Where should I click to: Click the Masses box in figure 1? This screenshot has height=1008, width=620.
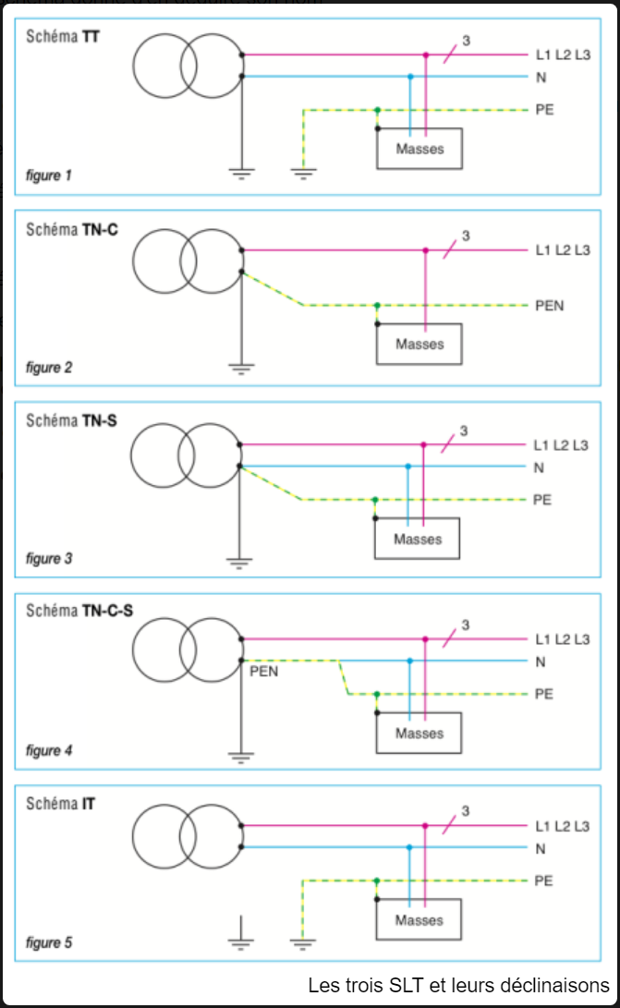pyautogui.click(x=419, y=149)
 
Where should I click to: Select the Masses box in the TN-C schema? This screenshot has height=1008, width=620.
pyautogui.click(x=419, y=345)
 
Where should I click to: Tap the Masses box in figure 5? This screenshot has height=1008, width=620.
pyautogui.click(x=419, y=920)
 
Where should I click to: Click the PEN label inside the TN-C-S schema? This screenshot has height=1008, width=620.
pyautogui.click(x=263, y=673)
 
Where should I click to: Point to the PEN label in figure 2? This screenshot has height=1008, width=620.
pyautogui.click(x=549, y=305)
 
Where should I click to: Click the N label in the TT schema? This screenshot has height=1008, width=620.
pyautogui.click(x=541, y=77)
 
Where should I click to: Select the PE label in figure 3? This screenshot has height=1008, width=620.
pyautogui.click(x=542, y=500)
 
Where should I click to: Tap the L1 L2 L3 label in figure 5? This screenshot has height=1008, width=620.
pyautogui.click(x=562, y=826)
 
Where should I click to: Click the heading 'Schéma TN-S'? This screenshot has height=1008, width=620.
pyautogui.click(x=72, y=420)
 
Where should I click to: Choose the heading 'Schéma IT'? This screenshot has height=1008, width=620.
pyautogui.click(x=61, y=804)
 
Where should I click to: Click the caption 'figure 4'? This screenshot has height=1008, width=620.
pyautogui.click(x=49, y=750)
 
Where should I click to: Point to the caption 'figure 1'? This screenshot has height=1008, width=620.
pyautogui.click(x=49, y=175)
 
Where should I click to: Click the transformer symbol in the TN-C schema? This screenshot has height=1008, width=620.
pyautogui.click(x=188, y=262)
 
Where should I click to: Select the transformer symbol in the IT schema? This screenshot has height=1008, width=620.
pyautogui.click(x=188, y=837)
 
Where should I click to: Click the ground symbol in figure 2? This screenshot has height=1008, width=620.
pyautogui.click(x=241, y=368)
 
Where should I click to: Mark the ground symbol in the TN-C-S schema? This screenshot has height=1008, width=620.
pyautogui.click(x=241, y=758)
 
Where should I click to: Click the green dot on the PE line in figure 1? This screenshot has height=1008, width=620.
pyautogui.click(x=377, y=110)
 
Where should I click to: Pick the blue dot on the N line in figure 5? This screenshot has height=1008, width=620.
pyautogui.click(x=410, y=847)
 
